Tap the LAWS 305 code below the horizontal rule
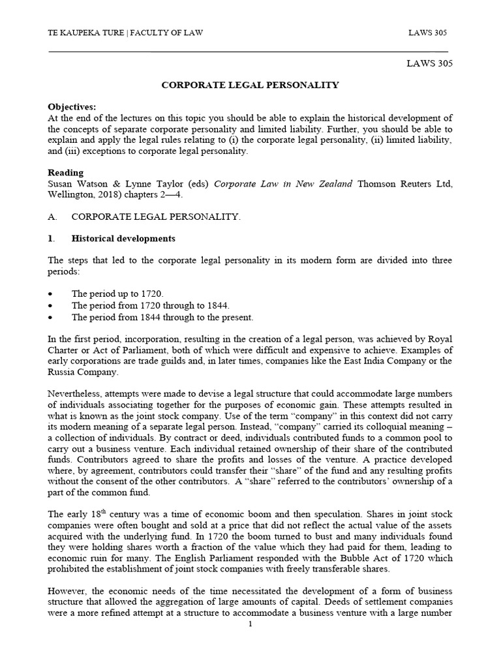tap(429, 64)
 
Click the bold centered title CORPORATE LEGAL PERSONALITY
tap(250, 85)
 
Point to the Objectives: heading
tap(72, 106)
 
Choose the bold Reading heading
tap(66, 173)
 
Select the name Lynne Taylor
tap(149, 184)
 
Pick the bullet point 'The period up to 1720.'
tap(118, 294)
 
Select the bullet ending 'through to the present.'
tap(162, 318)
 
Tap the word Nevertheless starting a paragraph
tap(78, 394)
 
